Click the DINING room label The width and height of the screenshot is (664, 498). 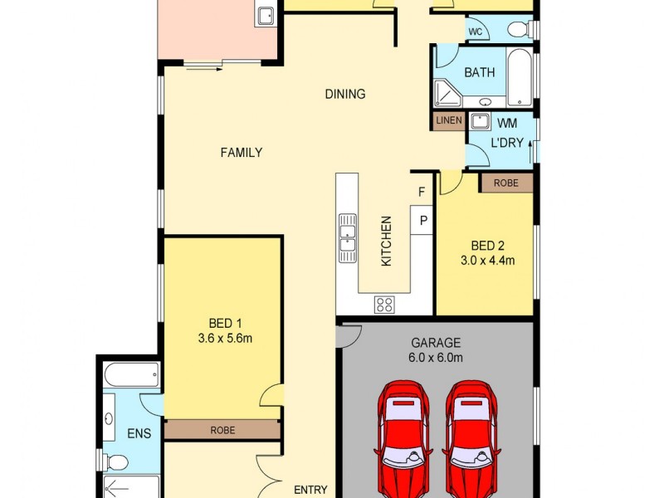click(344, 94)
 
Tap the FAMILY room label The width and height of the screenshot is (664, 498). click(242, 153)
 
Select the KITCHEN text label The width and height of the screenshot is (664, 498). click(386, 242)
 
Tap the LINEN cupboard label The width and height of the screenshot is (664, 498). click(448, 121)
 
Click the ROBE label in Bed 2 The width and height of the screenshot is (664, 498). click(505, 183)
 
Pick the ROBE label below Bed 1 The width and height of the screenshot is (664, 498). click(222, 430)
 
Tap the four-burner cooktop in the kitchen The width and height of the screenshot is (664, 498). click(384, 304)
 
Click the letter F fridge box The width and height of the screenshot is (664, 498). click(422, 193)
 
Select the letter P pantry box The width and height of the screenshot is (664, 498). click(422, 221)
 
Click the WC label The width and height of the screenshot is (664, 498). click(475, 32)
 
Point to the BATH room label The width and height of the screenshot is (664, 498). click(479, 72)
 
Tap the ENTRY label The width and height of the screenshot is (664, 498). click(310, 490)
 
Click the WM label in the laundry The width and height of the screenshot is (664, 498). click(506, 123)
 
